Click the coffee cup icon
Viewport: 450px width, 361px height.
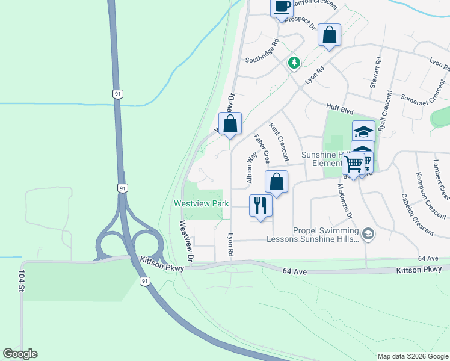(x=282, y=7)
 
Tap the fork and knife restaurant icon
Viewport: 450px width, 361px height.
(x=260, y=205)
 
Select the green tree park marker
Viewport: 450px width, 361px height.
(x=294, y=63)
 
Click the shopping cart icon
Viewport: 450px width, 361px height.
(x=354, y=163)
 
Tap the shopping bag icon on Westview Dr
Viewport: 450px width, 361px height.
(x=230, y=123)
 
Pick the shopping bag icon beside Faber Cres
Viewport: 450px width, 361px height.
(x=276, y=182)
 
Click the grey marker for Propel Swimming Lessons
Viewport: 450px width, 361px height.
(x=368, y=233)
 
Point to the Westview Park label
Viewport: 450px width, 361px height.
(x=201, y=204)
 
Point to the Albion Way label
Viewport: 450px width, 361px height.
(x=251, y=167)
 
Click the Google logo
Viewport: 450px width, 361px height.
(x=20, y=354)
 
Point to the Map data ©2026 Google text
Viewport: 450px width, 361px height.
(x=412, y=356)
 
